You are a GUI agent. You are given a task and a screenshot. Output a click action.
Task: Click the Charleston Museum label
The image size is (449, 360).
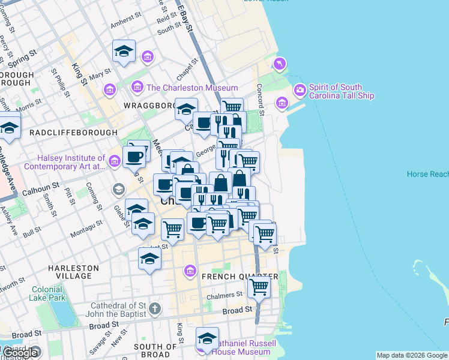(192, 88)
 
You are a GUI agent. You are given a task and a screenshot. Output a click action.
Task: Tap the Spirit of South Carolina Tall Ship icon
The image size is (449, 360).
(300, 90)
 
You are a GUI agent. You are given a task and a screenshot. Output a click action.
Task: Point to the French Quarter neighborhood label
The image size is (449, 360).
(240, 277)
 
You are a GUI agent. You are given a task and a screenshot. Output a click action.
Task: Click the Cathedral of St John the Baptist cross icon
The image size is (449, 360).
(155, 309)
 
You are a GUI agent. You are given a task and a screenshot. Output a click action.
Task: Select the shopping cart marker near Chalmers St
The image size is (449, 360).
(259, 287)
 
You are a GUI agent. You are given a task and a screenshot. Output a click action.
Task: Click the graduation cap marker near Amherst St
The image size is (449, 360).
(124, 51)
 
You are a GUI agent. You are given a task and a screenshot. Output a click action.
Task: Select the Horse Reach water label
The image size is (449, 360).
(427, 174)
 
